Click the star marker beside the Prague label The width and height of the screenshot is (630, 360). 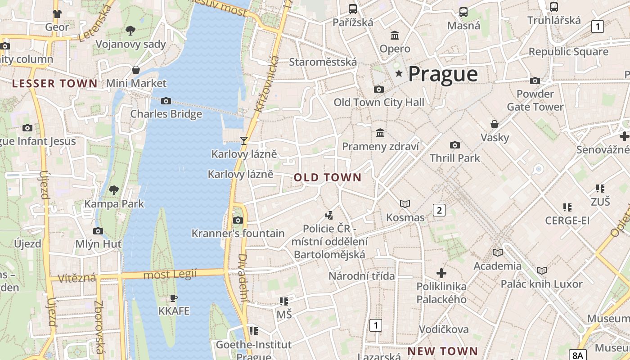click(x=399, y=73)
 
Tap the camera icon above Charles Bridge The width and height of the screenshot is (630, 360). click(x=166, y=101)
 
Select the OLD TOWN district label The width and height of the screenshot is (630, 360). click(x=328, y=177)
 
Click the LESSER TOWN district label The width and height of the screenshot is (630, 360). click(x=54, y=83)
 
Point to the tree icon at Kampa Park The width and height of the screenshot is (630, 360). click(x=114, y=190)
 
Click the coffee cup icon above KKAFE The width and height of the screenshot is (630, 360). click(x=174, y=298)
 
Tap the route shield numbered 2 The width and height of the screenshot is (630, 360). click(x=439, y=210)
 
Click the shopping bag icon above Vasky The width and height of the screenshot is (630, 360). click(x=495, y=124)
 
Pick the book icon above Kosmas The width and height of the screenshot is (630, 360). click(x=405, y=204)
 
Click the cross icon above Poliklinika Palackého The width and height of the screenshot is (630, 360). click(x=441, y=273)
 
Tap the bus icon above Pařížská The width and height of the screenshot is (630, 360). click(x=353, y=9)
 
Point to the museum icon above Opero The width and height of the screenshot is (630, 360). click(x=395, y=35)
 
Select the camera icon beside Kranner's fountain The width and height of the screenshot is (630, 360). click(x=238, y=220)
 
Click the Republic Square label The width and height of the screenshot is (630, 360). click(x=568, y=52)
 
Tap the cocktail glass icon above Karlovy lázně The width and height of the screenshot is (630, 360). click(x=243, y=141)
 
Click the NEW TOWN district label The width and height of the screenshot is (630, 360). click(x=443, y=351)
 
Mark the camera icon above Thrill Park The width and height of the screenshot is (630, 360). click(x=455, y=145)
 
